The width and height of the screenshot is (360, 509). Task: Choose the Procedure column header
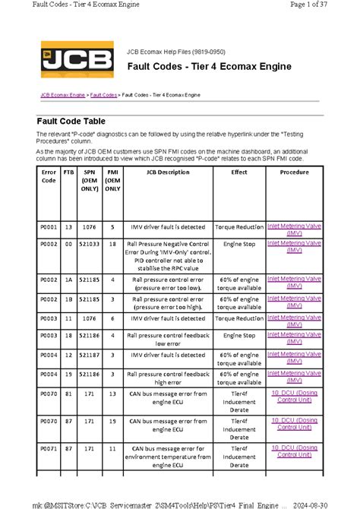294,172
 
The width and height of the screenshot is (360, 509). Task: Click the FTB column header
69,172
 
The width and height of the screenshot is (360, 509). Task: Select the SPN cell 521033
90,245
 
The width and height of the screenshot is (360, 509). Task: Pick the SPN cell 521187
90,355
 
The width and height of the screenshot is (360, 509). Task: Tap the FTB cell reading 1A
69,280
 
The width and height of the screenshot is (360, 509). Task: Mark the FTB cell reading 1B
69,299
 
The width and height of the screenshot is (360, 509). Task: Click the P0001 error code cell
49,226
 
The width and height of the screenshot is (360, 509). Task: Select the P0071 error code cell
49,449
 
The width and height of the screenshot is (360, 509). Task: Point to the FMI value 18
112,245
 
